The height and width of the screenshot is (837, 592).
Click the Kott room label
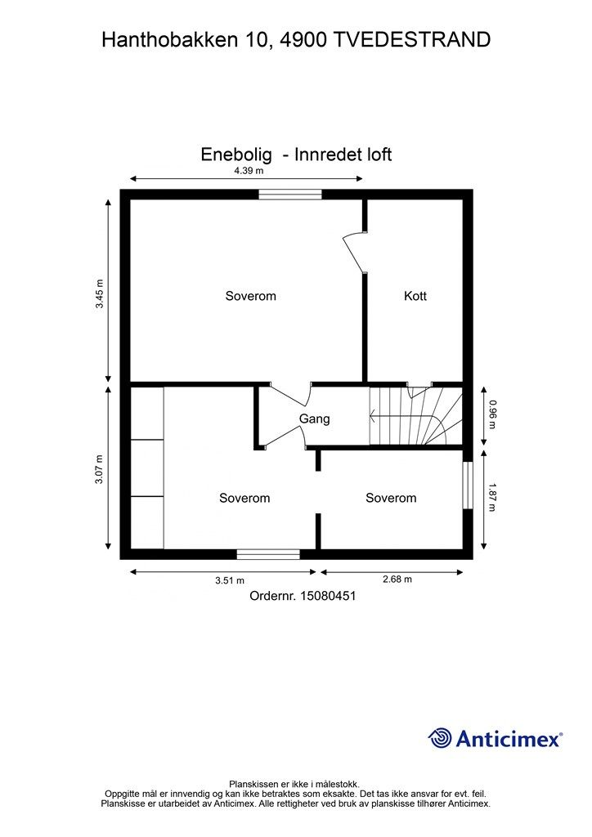coord(415,296)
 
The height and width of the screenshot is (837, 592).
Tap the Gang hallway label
coord(314,419)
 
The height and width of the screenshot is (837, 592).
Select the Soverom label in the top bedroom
coord(250,296)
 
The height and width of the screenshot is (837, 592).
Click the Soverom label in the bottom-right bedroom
coord(390,498)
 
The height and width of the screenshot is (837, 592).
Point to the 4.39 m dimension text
coord(248,171)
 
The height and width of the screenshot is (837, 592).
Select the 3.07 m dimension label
coord(99,469)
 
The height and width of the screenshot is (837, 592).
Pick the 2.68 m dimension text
coord(397,580)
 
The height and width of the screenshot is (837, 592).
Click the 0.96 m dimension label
coord(492,414)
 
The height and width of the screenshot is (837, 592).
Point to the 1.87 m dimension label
coord(492,497)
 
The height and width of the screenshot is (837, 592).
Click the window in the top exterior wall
coord(291,195)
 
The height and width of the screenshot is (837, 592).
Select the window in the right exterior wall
coord(468,487)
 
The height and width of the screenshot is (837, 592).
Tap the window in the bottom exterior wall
coord(268,554)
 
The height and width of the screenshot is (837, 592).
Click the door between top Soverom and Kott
coord(355,251)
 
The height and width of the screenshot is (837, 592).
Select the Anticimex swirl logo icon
coord(440,738)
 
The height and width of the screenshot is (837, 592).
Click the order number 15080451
coord(328,597)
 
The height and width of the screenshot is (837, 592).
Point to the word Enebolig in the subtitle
coord(236,154)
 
